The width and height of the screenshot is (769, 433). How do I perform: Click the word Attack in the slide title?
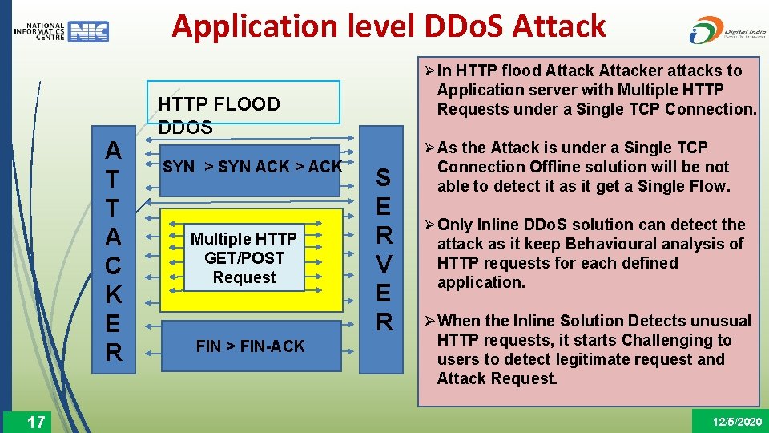pyautogui.click(x=559, y=26)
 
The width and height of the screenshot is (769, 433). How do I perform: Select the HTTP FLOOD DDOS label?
pyautogui.click(x=219, y=115)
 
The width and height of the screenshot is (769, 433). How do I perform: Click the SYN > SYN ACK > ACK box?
pyautogui.click(x=252, y=168)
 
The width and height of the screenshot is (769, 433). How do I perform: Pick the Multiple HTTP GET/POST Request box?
pyautogui.click(x=244, y=258)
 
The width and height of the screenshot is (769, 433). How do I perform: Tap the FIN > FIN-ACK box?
pyautogui.click(x=250, y=346)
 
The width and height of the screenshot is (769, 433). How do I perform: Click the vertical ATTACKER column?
pyautogui.click(x=114, y=251)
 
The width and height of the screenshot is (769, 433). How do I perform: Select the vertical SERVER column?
pyautogui.click(x=384, y=249)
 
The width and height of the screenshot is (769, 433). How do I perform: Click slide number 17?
pyautogui.click(x=36, y=422)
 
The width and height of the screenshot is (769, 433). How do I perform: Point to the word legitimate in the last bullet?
pyautogui.click(x=598, y=359)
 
